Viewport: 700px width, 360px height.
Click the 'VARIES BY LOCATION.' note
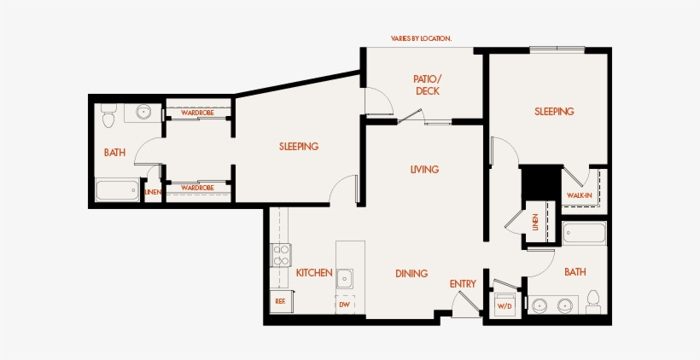(421, 38)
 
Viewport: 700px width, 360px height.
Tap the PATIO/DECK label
(427, 85)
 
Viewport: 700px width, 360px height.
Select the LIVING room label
(424, 170)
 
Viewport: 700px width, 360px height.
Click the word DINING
(411, 274)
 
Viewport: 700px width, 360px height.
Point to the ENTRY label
(463, 284)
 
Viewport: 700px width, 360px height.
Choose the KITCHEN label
(314, 273)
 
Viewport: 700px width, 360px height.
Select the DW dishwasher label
(344, 305)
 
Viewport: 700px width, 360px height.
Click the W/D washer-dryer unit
(505, 305)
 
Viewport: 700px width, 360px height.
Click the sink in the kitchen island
(345, 279)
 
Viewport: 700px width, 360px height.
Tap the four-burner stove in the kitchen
(280, 256)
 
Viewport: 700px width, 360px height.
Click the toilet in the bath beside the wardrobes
(108, 115)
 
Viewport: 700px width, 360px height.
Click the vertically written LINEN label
(535, 222)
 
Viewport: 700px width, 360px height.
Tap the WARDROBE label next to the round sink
(197, 113)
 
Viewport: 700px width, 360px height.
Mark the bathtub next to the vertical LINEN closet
(585, 233)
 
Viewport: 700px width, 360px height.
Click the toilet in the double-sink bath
(593, 302)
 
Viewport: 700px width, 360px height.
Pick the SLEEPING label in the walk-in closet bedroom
(554, 112)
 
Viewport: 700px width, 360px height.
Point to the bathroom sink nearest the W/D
(540, 305)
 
